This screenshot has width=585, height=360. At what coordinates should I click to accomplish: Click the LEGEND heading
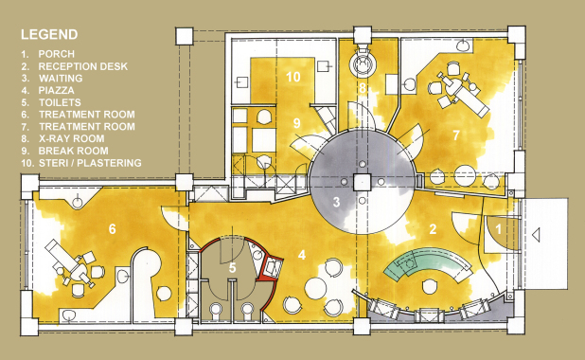[49, 35]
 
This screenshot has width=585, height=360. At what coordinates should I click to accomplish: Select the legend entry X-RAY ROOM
[72, 138]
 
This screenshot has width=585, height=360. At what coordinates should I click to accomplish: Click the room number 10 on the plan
[293, 77]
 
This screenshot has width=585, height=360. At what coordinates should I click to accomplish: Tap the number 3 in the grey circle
[336, 202]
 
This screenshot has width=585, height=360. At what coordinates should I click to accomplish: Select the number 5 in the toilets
[233, 268]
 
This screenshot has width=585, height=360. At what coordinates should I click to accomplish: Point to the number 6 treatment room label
[112, 229]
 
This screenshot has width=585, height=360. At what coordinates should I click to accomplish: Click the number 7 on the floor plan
[456, 135]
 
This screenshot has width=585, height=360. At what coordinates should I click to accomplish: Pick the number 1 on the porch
[499, 229]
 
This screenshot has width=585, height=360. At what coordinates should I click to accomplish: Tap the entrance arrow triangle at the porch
[536, 235]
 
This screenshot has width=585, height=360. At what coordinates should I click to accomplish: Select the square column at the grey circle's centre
[363, 182]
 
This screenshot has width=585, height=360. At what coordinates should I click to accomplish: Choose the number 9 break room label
[296, 123]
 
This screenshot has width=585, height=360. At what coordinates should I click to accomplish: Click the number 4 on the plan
[301, 255]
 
